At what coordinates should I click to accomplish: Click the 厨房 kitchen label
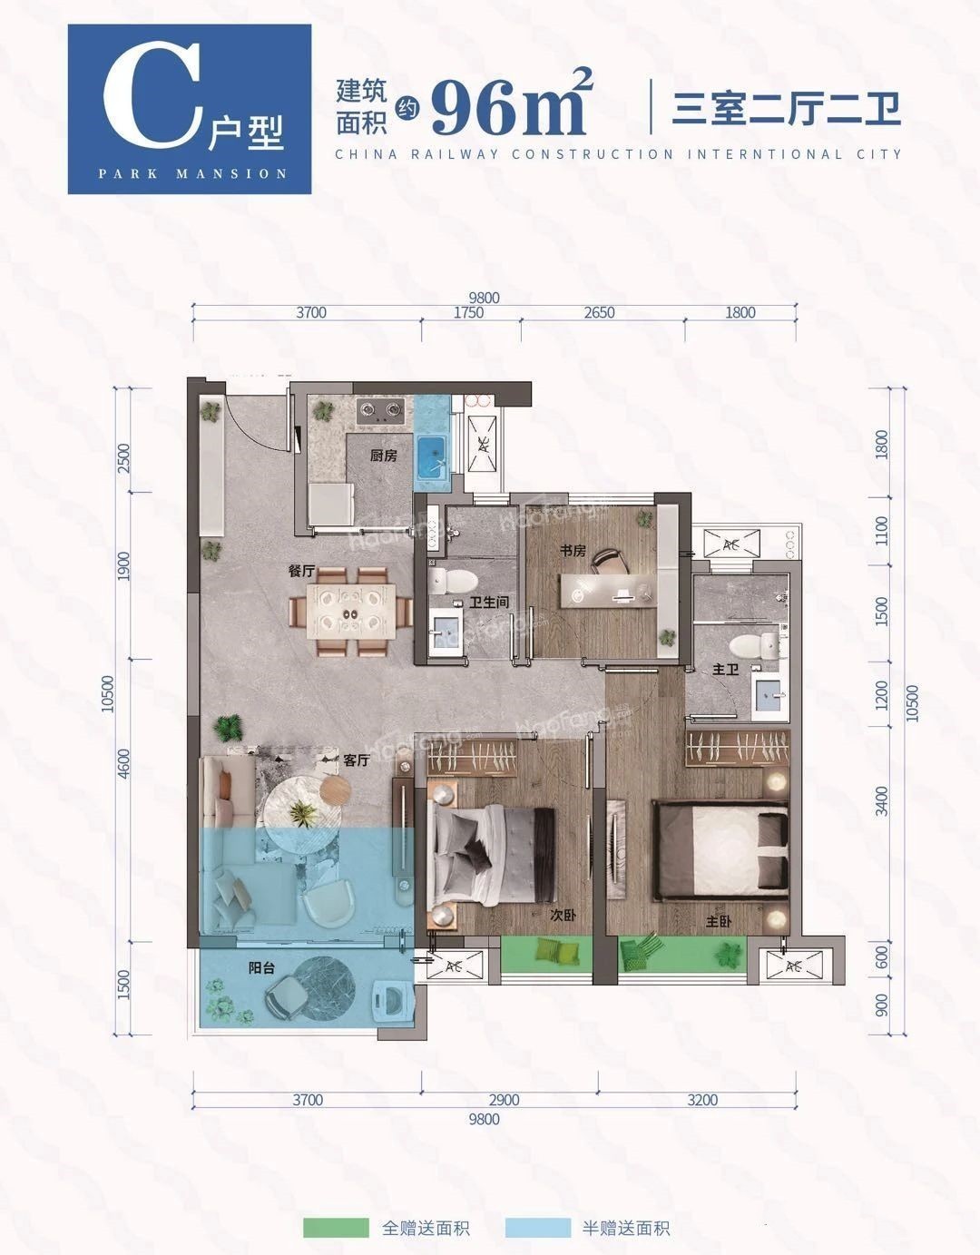click(x=384, y=456)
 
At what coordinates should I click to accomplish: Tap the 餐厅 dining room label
click(x=301, y=571)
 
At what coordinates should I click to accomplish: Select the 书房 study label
click(x=573, y=551)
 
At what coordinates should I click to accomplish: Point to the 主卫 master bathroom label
click(x=725, y=670)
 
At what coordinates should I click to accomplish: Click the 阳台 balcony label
click(x=261, y=967)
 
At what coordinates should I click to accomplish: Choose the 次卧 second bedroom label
click(x=563, y=916)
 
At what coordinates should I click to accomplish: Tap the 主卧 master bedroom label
click(x=719, y=921)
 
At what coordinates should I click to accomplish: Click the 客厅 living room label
click(x=356, y=760)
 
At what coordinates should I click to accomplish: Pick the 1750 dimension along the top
click(x=468, y=312)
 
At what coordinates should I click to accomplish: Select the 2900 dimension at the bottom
click(x=504, y=1100)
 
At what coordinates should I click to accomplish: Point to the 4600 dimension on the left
click(x=123, y=763)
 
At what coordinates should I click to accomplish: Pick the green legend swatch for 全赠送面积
click(x=336, y=1223)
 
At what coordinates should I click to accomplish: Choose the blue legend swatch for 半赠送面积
click(x=538, y=1223)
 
